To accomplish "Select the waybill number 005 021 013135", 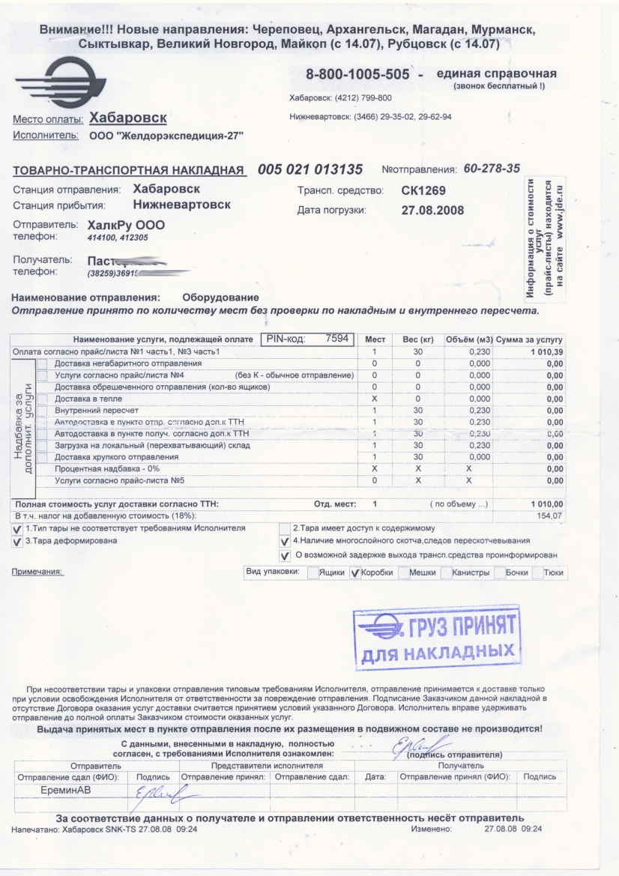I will [310, 169].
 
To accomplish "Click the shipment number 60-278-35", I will [492, 169].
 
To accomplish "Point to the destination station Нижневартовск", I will [181, 204].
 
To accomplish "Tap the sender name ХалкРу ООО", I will [126, 225].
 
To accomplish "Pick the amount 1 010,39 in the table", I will [544, 351].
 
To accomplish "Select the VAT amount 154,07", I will [549, 516].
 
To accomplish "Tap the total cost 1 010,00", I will [546, 504].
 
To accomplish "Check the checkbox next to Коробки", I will [355, 574].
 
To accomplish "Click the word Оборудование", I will [221, 298].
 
